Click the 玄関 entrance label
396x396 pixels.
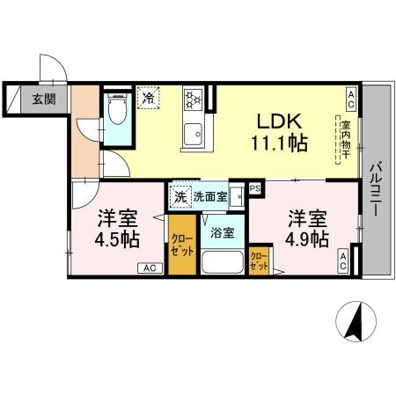tap(44, 98)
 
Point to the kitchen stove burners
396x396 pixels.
tap(194, 102)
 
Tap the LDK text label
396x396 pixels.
tap(279, 121)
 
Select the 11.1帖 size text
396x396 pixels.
tap(279, 144)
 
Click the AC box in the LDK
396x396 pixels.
tap(350, 96)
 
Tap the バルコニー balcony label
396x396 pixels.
tap(375, 184)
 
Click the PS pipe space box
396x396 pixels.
tap(255, 187)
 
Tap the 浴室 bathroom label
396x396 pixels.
tap(222, 233)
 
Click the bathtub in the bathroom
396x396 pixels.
tap(223, 261)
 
